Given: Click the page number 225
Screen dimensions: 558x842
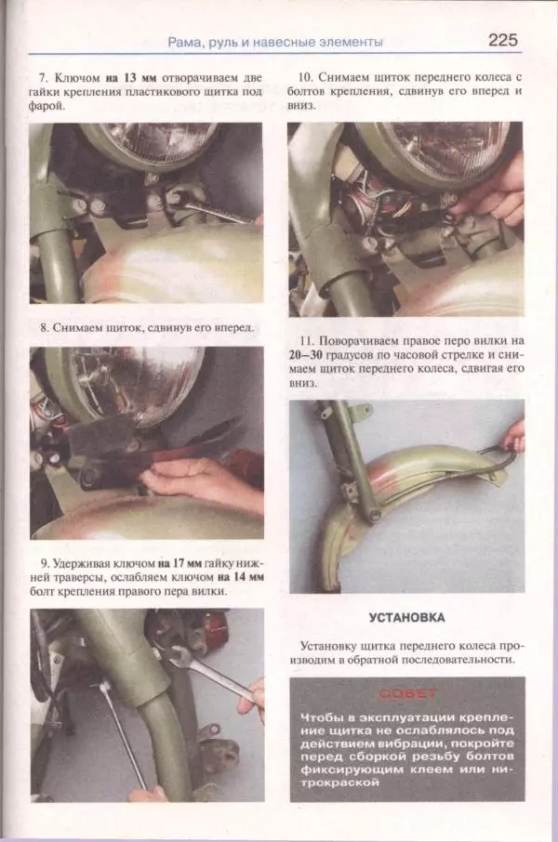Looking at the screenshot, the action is coord(502,40).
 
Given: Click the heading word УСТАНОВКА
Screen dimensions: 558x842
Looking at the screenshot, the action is coord(407,617).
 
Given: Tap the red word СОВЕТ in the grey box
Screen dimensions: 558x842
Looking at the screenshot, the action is coord(407,694).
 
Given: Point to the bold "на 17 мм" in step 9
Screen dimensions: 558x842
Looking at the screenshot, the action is coord(179,564).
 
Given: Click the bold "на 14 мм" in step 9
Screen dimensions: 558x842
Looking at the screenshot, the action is coord(241,578).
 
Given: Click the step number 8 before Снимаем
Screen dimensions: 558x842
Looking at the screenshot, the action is coord(44,327).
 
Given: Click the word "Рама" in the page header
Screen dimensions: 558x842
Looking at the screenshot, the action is coord(184,42).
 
